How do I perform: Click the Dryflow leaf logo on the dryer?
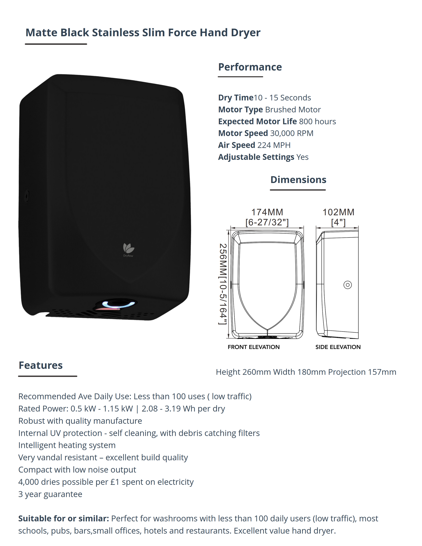[129, 248]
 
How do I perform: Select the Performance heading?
[250, 67]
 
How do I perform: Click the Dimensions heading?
[298, 180]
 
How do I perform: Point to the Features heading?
[41, 365]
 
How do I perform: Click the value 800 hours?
[317, 121]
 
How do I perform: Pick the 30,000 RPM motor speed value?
[291, 133]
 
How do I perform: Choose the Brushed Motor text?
[293, 110]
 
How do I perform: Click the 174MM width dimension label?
[267, 212]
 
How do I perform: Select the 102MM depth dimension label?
[338, 212]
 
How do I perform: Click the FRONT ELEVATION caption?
[254, 347]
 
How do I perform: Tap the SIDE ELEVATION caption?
[338, 347]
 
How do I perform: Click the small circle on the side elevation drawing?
[347, 285]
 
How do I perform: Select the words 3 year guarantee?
[50, 494]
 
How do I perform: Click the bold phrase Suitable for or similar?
[64, 518]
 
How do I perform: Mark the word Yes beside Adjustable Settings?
[302, 157]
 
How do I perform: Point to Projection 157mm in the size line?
[362, 372]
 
